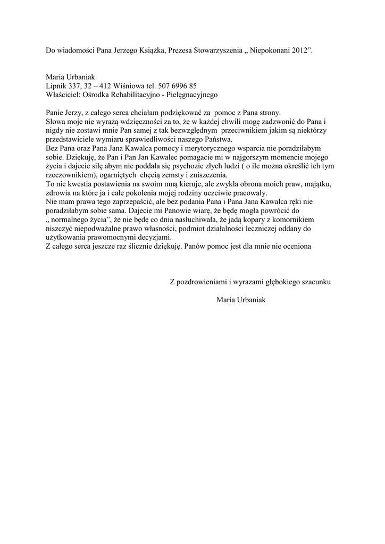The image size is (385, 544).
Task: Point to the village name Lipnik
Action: click(56, 86)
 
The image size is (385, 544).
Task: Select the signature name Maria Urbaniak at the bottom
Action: click(241, 300)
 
